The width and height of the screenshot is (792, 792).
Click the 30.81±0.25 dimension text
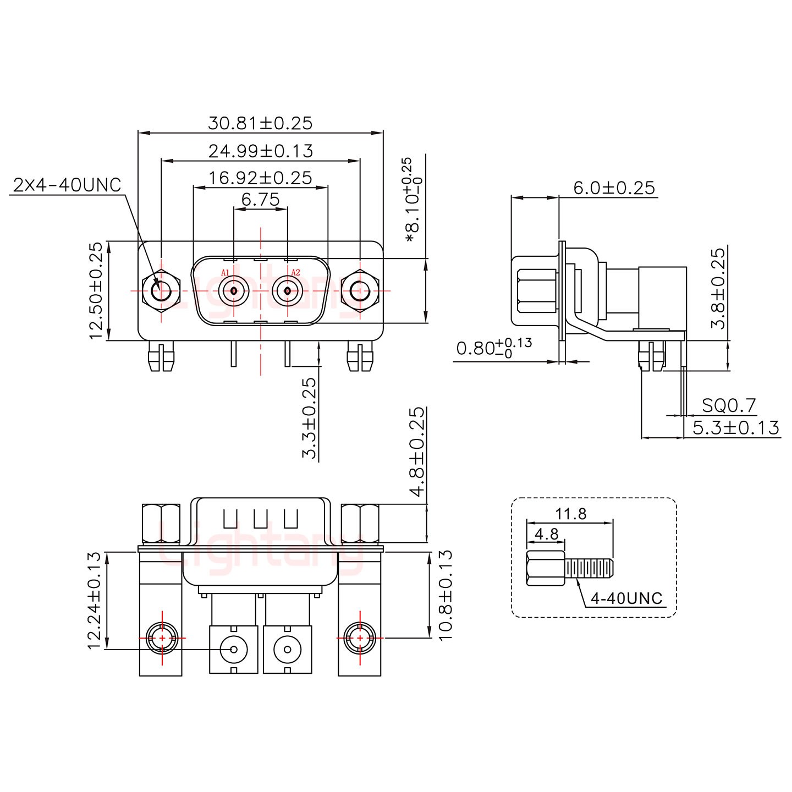[x=260, y=123]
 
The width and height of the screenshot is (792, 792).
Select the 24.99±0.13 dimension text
[x=260, y=150]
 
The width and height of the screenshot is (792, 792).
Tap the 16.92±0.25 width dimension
[x=260, y=178]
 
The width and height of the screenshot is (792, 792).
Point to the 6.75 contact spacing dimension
[x=260, y=199]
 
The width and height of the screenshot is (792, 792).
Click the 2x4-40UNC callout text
[x=67, y=185]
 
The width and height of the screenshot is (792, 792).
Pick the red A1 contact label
[x=224, y=272]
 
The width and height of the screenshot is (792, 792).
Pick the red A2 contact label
[x=295, y=272]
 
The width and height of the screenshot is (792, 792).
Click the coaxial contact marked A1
[x=234, y=290]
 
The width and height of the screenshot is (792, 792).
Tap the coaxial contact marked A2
[x=287, y=290]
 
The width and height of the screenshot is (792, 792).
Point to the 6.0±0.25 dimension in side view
[x=614, y=188]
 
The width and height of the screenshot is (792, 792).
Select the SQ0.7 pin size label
[x=729, y=406]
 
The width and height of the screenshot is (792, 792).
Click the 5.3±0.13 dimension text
[x=735, y=427]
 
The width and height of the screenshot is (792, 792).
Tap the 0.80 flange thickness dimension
[x=493, y=348]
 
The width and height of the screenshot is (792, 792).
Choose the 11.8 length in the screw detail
[x=570, y=514]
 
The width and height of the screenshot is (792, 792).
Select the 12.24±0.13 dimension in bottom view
[x=96, y=600]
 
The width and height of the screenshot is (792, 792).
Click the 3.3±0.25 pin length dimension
[x=310, y=418]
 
